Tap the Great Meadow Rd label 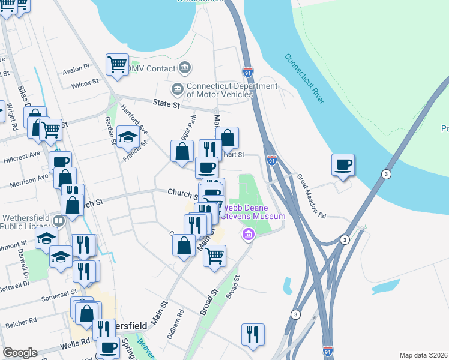(310, 196)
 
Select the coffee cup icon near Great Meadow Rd (343, 165)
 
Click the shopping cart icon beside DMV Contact (117, 64)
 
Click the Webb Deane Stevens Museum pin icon (247, 234)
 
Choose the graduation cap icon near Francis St (127, 138)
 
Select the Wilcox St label (86, 82)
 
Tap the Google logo (19, 353)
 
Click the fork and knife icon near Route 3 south (253, 334)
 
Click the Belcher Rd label (21, 325)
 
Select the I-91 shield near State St (248, 72)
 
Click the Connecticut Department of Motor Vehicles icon (178, 90)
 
